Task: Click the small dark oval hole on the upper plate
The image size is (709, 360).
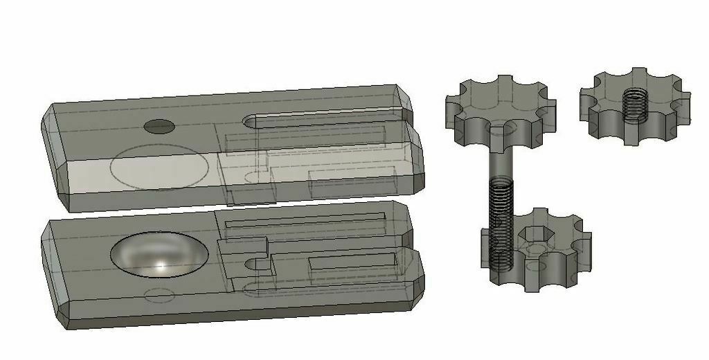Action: click(159, 126)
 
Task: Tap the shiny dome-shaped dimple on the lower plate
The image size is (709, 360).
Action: click(159, 254)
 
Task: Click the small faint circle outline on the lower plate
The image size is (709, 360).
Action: click(159, 296)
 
